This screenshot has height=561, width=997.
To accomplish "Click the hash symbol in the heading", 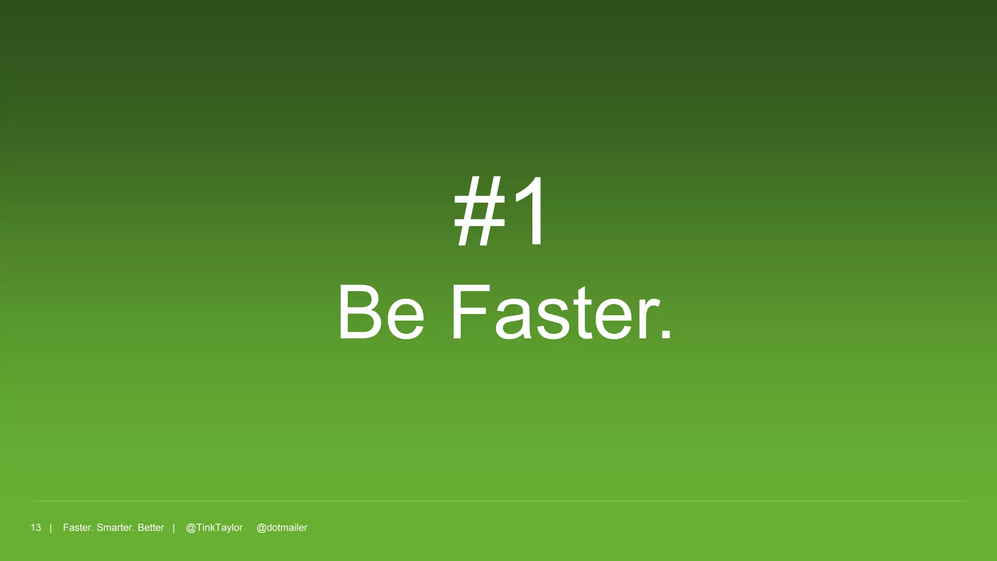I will (x=479, y=212).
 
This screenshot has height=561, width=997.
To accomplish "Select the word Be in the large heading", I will (x=381, y=313).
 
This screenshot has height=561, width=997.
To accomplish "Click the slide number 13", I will (x=36, y=528).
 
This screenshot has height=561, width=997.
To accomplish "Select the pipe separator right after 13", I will (x=51, y=528).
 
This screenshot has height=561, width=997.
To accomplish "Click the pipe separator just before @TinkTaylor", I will (x=174, y=528).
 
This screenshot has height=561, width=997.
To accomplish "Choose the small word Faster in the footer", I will (x=77, y=528).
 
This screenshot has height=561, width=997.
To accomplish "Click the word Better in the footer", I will (x=151, y=528).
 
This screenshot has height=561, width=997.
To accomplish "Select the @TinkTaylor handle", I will (x=214, y=528).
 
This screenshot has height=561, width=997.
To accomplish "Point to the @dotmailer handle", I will (x=282, y=528).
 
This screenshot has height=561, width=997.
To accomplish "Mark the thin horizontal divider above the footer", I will (x=498, y=501).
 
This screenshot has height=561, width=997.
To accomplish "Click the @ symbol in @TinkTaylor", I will (x=191, y=528).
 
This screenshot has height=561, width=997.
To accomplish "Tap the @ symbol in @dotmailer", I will (x=261, y=528).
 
